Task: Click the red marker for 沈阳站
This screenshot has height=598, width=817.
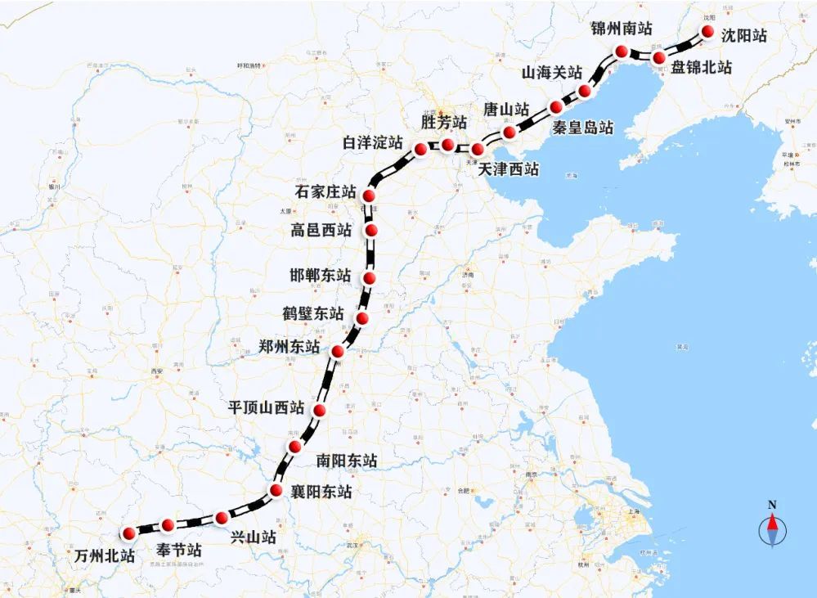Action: click(x=708, y=33)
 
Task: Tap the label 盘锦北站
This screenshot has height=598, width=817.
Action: click(x=701, y=68)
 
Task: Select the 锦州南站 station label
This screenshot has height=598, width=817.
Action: click(x=622, y=29)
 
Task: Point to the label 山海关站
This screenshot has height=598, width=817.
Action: click(x=552, y=73)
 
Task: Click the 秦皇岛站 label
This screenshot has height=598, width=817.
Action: click(x=582, y=128)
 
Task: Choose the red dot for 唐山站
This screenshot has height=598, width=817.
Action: click(x=510, y=132)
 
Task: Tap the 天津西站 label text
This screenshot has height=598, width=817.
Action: click(x=509, y=170)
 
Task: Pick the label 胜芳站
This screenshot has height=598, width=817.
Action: click(x=444, y=123)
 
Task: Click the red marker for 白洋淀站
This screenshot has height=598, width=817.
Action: click(x=421, y=149)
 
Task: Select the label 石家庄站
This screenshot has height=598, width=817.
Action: click(x=325, y=193)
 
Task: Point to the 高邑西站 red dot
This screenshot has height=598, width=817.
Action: click(x=372, y=232)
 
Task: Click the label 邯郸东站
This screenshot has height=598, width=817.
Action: click(x=321, y=275)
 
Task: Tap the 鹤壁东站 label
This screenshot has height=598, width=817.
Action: click(x=313, y=313)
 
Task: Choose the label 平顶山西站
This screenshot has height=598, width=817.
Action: click(x=266, y=407)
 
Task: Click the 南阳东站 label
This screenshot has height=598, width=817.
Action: click(x=347, y=461)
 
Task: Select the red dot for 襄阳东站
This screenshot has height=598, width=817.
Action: click(x=276, y=492)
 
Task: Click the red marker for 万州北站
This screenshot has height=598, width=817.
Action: click(x=128, y=534)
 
